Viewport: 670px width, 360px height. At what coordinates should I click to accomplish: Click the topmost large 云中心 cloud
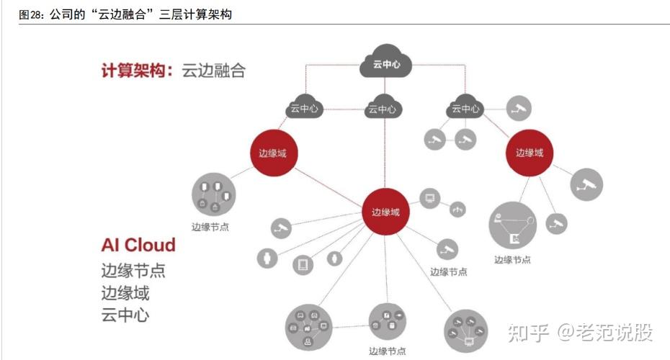coord(385,63)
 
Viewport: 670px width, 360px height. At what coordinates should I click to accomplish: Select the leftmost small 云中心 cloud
coord(304,109)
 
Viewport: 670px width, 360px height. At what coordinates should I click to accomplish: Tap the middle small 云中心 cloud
coord(383,109)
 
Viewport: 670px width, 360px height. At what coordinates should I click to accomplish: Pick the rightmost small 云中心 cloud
coord(465,109)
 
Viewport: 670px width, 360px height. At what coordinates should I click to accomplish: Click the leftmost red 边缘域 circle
coord(273,153)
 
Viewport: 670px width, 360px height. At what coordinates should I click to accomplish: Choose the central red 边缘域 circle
coord(385,212)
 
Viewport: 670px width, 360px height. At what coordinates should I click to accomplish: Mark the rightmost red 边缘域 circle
coord(530,153)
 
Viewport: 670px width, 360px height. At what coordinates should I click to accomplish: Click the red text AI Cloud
coord(138,245)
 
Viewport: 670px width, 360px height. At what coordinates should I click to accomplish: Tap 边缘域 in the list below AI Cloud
coord(125,293)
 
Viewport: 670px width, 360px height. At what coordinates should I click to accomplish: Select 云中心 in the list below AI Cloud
coord(125,315)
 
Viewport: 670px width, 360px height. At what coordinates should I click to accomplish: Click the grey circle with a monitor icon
coord(431,197)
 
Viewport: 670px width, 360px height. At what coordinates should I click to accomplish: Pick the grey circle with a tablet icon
coord(303,264)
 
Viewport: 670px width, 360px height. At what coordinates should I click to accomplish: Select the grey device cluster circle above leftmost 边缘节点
coord(214,195)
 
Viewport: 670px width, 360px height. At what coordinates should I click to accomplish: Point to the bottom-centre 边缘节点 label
coord(387,351)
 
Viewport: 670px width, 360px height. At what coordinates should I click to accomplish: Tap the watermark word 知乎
coord(529,333)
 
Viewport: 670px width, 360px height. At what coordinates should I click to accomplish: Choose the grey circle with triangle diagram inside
coord(512,226)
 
